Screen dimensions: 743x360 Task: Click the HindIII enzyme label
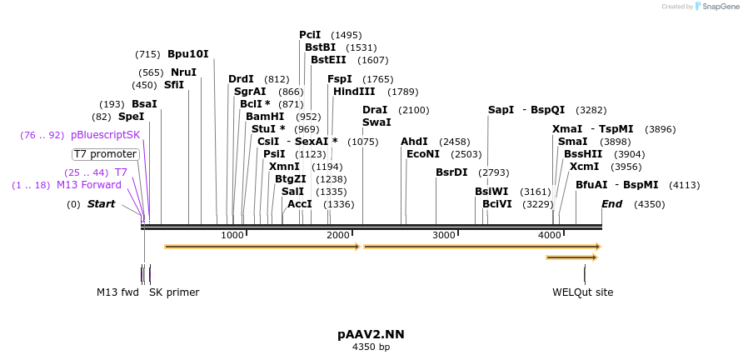pyautogui.click(x=354, y=92)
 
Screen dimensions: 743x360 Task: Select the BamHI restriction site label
pyautogui.click(x=265, y=117)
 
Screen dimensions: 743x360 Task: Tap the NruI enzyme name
pyautogui.click(x=183, y=72)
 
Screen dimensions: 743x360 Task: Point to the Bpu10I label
pyautogui.click(x=188, y=54)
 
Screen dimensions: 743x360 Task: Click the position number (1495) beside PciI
pyautogui.click(x=346, y=35)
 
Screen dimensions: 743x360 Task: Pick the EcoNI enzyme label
pyautogui.click(x=423, y=154)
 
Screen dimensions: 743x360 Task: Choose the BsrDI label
pyautogui.click(x=451, y=172)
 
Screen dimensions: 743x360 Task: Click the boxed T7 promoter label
pyautogui.click(x=106, y=154)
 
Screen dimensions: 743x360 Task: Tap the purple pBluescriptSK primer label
pyautogui.click(x=106, y=135)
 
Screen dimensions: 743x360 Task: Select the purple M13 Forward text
pyautogui.click(x=89, y=185)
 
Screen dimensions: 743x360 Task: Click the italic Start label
pyautogui.click(x=101, y=204)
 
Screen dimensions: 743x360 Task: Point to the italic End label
pyautogui.click(x=611, y=204)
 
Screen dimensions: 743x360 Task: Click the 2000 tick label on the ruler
pyautogui.click(x=338, y=235)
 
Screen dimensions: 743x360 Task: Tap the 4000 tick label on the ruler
pyautogui.click(x=550, y=235)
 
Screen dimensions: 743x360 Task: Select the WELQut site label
pyautogui.click(x=583, y=292)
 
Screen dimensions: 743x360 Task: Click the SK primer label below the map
pyautogui.click(x=174, y=292)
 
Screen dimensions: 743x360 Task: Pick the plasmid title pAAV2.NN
pyautogui.click(x=371, y=334)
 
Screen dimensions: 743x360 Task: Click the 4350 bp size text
pyautogui.click(x=371, y=347)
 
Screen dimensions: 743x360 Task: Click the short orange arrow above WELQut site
pyautogui.click(x=572, y=257)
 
